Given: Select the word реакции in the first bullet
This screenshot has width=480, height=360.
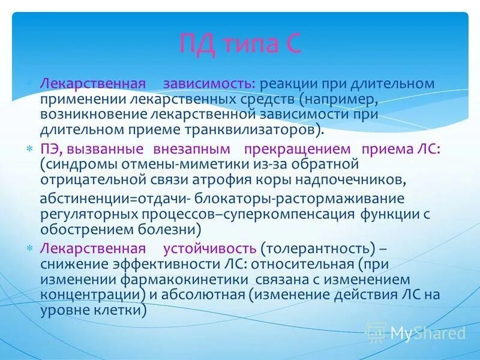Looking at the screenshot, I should (286, 84).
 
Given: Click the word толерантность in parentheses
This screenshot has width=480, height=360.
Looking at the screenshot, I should (315, 248).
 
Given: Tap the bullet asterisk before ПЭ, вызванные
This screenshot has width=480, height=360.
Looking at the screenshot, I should (28, 149).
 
